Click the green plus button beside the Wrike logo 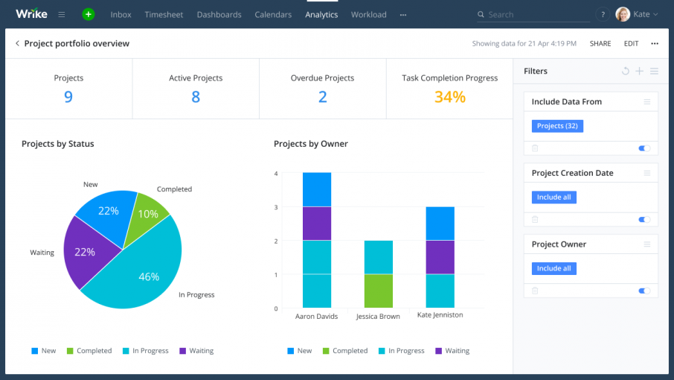click(89, 14)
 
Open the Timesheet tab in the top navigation click(164, 14)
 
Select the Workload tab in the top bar click(368, 14)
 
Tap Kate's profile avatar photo click(623, 14)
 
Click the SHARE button click(600, 43)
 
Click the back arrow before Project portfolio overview click(17, 43)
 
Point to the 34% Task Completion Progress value click(449, 97)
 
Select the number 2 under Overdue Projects click(322, 97)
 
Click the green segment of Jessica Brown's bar click(378, 291)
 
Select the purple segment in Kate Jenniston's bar click(440, 257)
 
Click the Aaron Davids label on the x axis click(316, 316)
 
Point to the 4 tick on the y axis click(276, 174)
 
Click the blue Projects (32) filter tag click(557, 126)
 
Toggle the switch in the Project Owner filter click(644, 291)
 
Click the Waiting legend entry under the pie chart click(196, 351)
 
